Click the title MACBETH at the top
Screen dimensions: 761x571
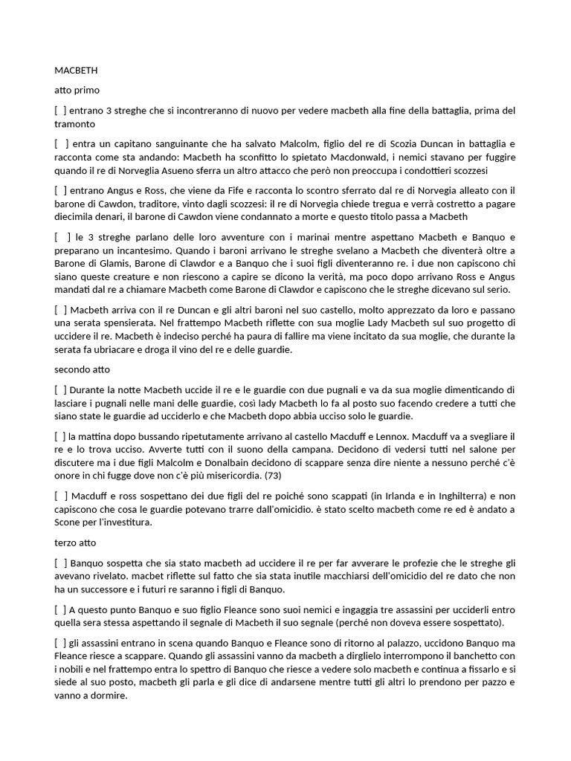[76, 71]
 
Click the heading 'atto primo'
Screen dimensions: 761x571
[71, 90]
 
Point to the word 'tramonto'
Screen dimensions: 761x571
[75, 123]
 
